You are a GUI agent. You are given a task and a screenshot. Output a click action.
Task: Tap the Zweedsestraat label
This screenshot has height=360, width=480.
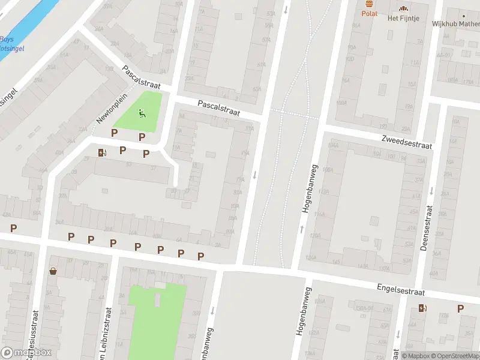(x=406, y=142)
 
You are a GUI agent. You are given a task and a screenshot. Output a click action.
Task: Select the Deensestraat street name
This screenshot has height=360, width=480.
(x=427, y=229)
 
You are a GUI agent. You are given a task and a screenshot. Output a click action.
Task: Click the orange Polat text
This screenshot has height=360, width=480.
(x=370, y=13)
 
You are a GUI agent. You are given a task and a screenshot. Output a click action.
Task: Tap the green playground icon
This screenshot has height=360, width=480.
(x=142, y=113)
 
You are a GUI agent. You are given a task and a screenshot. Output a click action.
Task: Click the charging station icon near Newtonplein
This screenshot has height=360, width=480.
(x=102, y=152)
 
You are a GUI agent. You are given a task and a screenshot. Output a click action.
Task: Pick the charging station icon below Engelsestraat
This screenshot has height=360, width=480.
(x=423, y=308)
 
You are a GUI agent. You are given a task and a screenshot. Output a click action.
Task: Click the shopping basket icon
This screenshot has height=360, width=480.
(x=53, y=271)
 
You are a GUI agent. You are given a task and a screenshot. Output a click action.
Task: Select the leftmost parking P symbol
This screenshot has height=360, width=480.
(x=13, y=228)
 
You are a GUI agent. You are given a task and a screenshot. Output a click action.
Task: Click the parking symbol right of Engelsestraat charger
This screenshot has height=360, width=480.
(x=460, y=308)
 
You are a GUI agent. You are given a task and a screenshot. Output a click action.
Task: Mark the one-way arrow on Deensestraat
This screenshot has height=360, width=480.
(x=431, y=191)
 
